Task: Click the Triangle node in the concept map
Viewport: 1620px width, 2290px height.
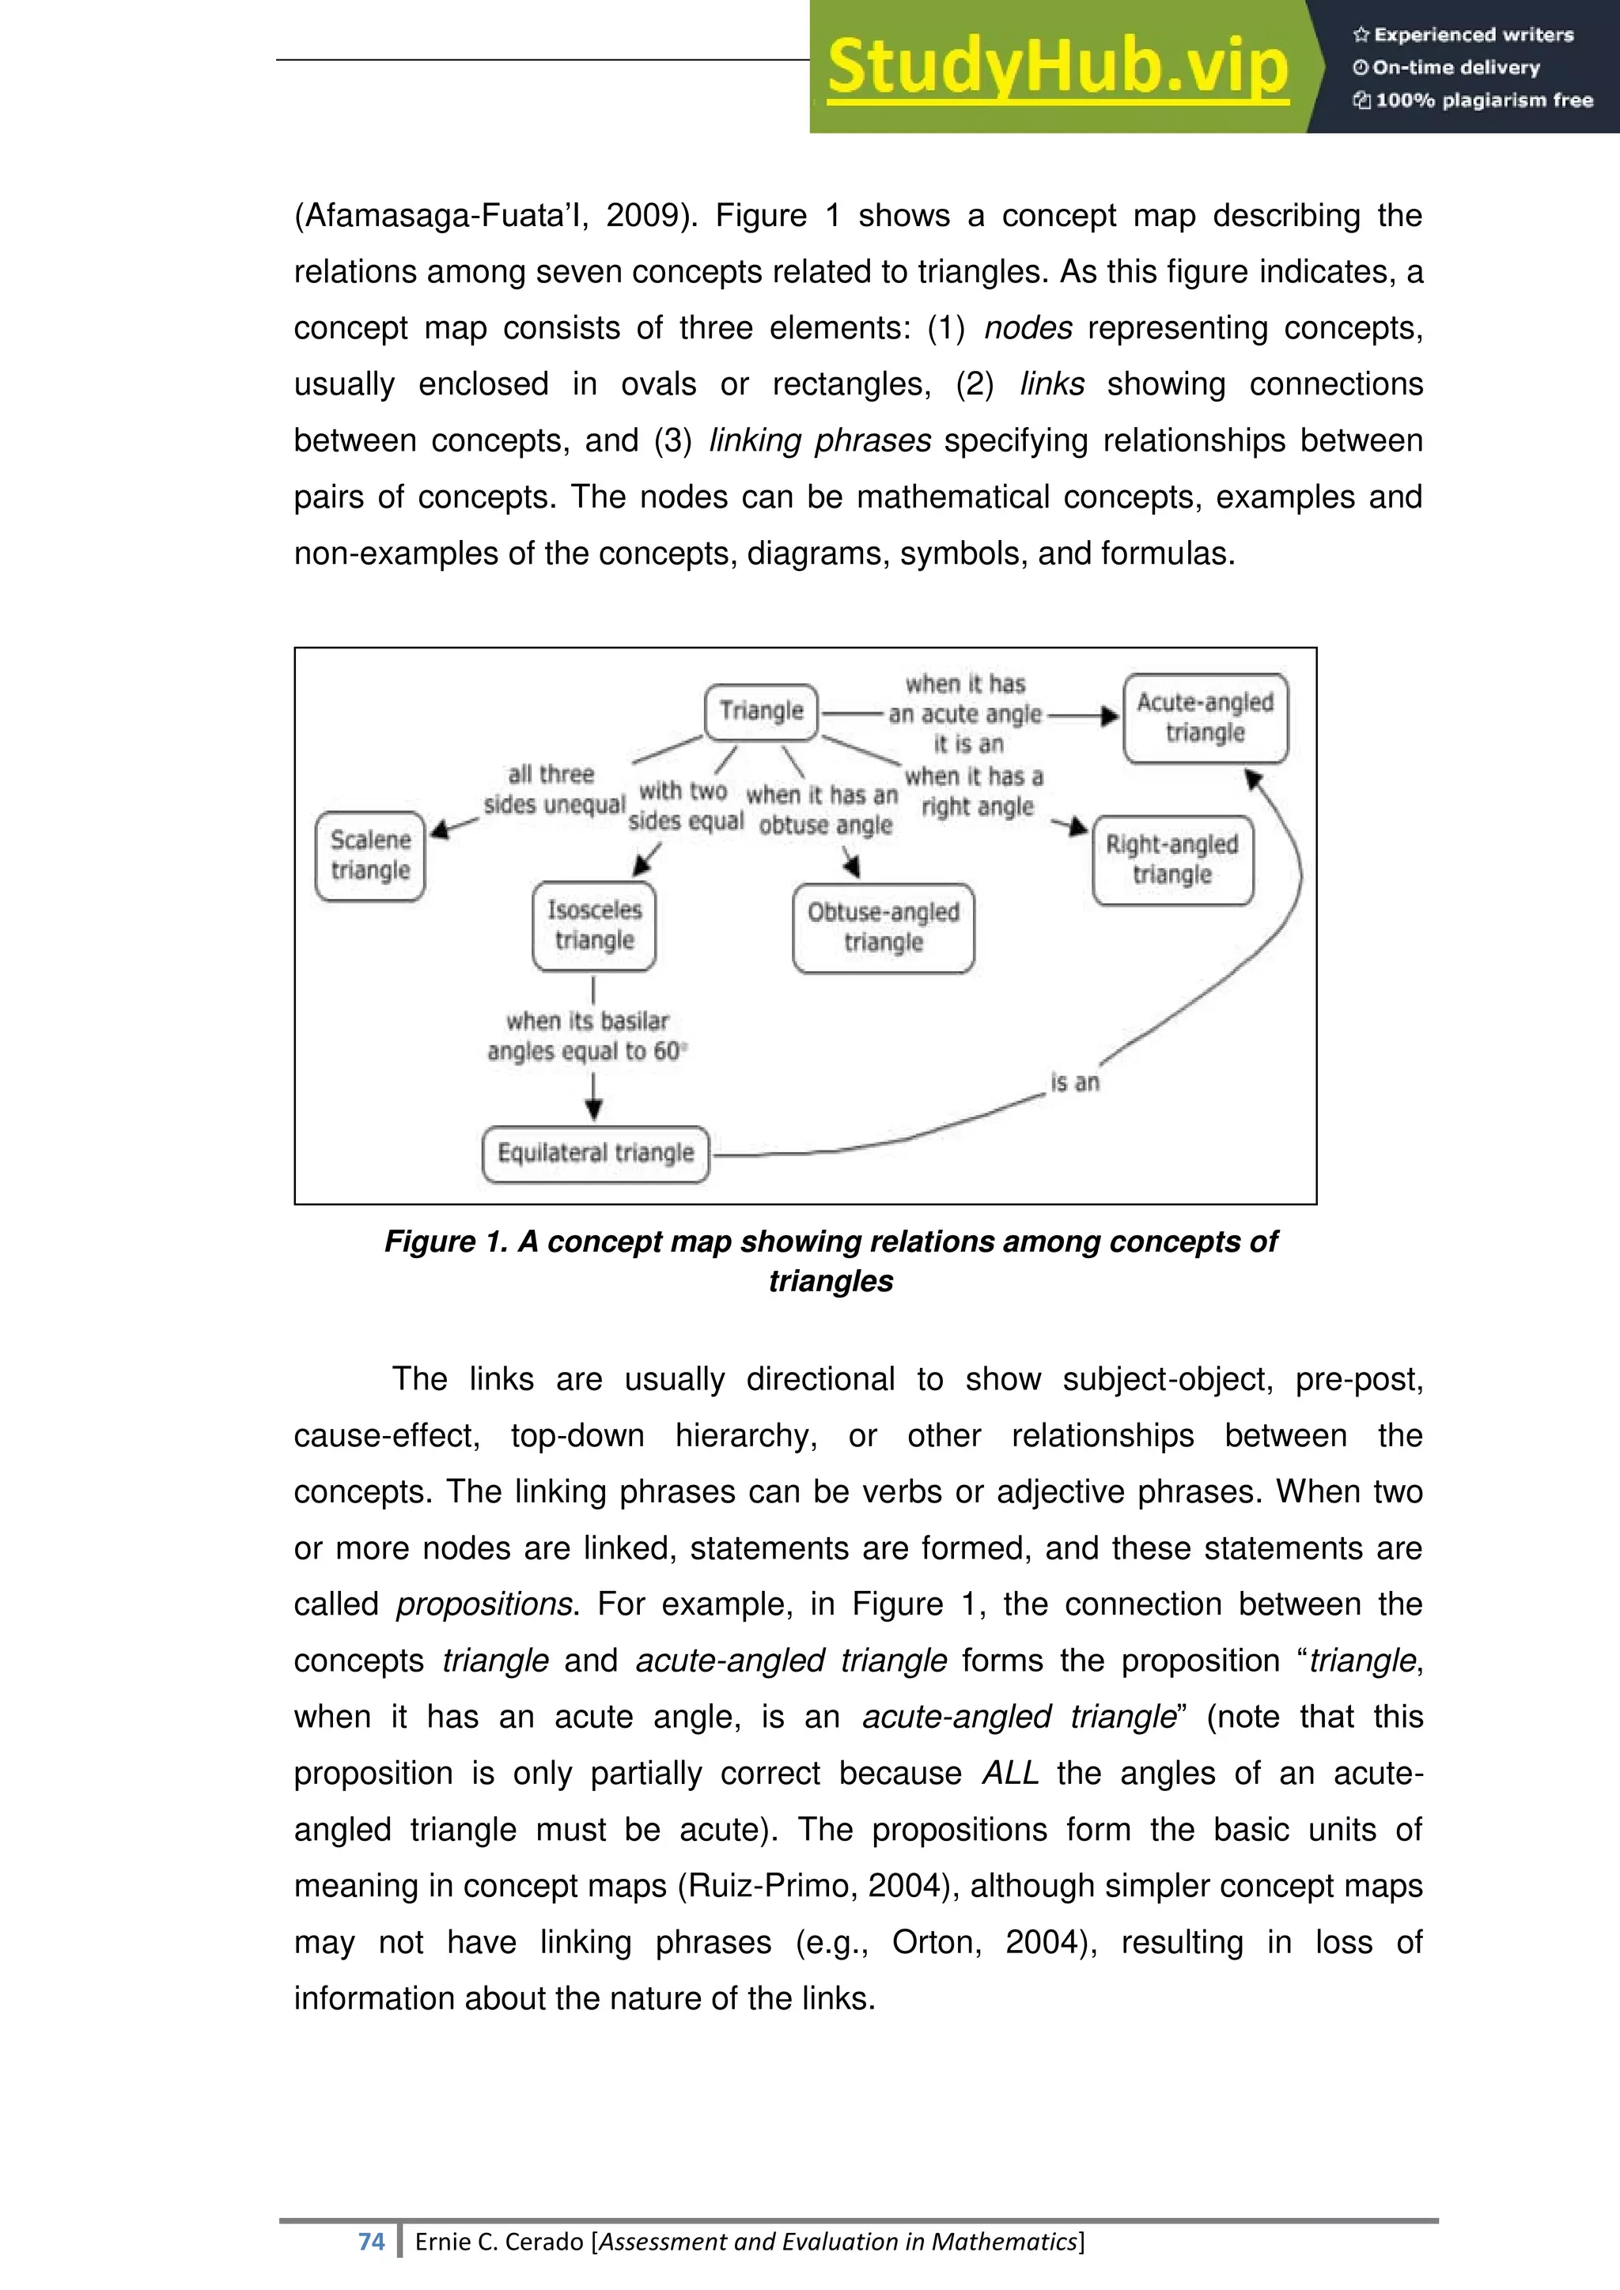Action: (761, 711)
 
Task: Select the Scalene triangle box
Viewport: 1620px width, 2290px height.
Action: (370, 856)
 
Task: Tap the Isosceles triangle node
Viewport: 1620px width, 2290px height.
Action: (595, 926)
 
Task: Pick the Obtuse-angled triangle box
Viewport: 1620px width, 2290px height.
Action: (883, 928)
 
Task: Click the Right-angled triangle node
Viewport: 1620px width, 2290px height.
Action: (1172, 860)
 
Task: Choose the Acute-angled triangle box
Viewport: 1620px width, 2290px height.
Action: (1205, 718)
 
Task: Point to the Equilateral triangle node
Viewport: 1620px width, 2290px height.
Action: (596, 1154)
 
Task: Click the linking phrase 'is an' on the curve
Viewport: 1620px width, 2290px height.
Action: (1074, 1083)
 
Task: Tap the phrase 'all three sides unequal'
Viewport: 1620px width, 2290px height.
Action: (554, 790)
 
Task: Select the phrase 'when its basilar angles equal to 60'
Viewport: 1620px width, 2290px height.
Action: (587, 1037)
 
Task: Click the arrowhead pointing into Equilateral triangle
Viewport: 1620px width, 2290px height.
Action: (593, 1109)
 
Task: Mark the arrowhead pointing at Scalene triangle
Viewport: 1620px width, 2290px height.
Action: (440, 829)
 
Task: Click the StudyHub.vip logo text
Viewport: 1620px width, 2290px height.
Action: (1058, 67)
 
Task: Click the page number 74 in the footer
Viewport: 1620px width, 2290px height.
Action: (371, 2241)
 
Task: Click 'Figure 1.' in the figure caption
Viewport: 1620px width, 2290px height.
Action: (446, 1241)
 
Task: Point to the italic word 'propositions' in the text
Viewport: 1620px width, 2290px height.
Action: (485, 1604)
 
